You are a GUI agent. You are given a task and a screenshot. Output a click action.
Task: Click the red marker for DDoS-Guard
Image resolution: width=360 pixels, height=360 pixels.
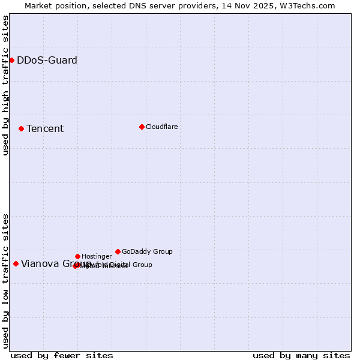11,60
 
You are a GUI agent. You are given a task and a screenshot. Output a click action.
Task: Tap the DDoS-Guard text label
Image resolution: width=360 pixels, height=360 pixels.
47,60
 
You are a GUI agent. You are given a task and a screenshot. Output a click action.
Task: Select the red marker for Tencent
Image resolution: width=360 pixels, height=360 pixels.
21,128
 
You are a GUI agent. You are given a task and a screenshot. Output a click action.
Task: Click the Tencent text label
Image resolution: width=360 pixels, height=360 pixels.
45,128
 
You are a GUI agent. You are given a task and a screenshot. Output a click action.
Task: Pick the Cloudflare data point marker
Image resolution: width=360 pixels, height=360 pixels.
142,127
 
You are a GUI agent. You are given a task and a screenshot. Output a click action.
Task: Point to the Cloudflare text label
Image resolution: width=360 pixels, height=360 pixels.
161,127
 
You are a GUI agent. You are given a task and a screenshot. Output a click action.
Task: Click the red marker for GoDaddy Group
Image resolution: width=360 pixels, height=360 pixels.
118,251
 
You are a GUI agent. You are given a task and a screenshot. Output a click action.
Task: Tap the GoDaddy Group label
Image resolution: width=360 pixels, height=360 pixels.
147,251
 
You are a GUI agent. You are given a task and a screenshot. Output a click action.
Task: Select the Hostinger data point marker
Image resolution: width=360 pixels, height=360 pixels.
77,256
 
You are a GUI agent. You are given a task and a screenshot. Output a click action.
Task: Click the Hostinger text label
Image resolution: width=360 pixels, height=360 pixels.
97,256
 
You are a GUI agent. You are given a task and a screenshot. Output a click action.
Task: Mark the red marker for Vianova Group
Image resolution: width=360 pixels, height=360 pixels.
16,263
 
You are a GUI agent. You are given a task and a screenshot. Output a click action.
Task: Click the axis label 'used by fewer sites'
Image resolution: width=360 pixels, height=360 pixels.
62,355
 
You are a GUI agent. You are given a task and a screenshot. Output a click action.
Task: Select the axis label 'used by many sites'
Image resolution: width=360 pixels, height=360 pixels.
301,355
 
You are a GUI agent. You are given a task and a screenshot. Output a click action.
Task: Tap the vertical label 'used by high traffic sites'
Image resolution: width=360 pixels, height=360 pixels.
5,85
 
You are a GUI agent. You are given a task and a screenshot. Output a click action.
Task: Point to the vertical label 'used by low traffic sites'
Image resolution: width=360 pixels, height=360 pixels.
5,280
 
